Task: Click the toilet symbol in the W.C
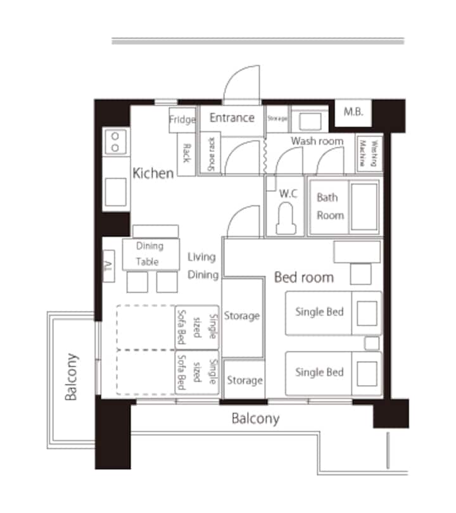point(286,218)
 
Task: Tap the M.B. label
point(353,112)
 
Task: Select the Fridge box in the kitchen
point(182,120)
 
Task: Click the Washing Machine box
point(369,153)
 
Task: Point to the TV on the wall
point(108,266)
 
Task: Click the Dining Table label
point(149,253)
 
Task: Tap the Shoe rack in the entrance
point(210,153)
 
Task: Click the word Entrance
point(232,118)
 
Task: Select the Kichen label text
point(153,173)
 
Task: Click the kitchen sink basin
point(115,192)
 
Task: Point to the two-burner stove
point(115,142)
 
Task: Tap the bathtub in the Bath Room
point(364,206)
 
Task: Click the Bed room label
point(304,277)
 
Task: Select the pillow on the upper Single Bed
point(367,313)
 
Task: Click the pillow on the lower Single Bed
point(367,374)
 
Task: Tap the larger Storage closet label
point(242,316)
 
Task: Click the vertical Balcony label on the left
point(71,377)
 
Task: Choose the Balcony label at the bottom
point(255,419)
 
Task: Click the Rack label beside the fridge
point(186,153)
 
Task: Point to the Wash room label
point(317,141)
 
